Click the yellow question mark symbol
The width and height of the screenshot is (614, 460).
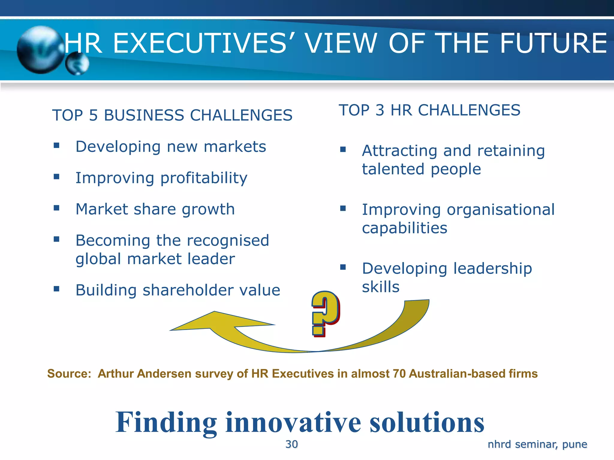point(325,313)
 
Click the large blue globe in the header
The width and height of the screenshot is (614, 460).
point(40,50)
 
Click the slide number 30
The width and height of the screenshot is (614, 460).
point(291,444)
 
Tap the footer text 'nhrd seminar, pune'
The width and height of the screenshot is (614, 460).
point(537,444)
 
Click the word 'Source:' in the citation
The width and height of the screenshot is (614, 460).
point(69,374)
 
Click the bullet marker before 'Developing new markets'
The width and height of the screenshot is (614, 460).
point(56,146)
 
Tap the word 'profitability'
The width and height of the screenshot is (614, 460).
point(204,178)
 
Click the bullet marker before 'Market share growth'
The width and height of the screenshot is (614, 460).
point(56,208)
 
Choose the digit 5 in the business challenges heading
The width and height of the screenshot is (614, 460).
point(94,116)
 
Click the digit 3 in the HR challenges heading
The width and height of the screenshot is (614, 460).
point(380,110)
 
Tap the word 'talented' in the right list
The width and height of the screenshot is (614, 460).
point(393,169)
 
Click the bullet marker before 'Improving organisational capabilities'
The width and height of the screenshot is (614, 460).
point(343,208)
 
